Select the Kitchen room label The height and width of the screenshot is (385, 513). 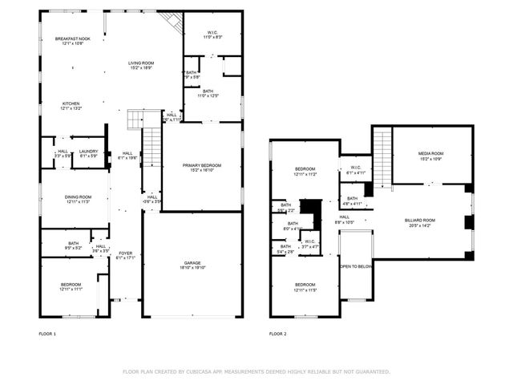click(x=72, y=103)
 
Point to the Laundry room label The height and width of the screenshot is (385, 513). click(x=88, y=151)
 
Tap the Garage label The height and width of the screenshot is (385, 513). click(x=192, y=262)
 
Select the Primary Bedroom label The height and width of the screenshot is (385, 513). click(x=201, y=164)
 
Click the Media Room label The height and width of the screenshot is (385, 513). click(x=430, y=153)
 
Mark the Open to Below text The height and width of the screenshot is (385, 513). click(x=356, y=266)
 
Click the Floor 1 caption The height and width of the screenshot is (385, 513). click(x=47, y=333)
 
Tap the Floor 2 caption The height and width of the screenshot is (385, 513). click(x=277, y=333)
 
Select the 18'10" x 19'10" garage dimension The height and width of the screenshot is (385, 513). click(x=192, y=268)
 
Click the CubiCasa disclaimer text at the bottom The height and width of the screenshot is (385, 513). click(x=256, y=371)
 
